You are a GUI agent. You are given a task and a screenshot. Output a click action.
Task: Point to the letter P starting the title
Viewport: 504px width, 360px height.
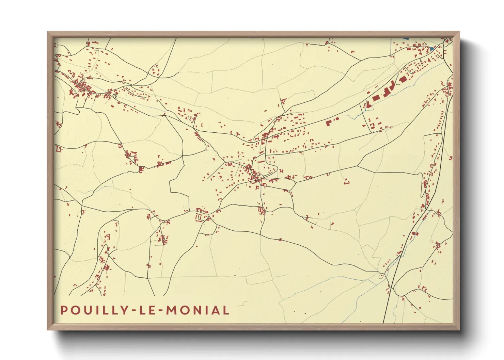(x=64, y=310)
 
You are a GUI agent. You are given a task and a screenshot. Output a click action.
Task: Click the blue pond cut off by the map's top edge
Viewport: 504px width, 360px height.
(x=405, y=38)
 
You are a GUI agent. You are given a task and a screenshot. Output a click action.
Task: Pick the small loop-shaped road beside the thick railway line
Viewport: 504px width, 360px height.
(x=381, y=276)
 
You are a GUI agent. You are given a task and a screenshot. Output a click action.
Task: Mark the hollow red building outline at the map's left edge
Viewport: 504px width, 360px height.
(x=59, y=149)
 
